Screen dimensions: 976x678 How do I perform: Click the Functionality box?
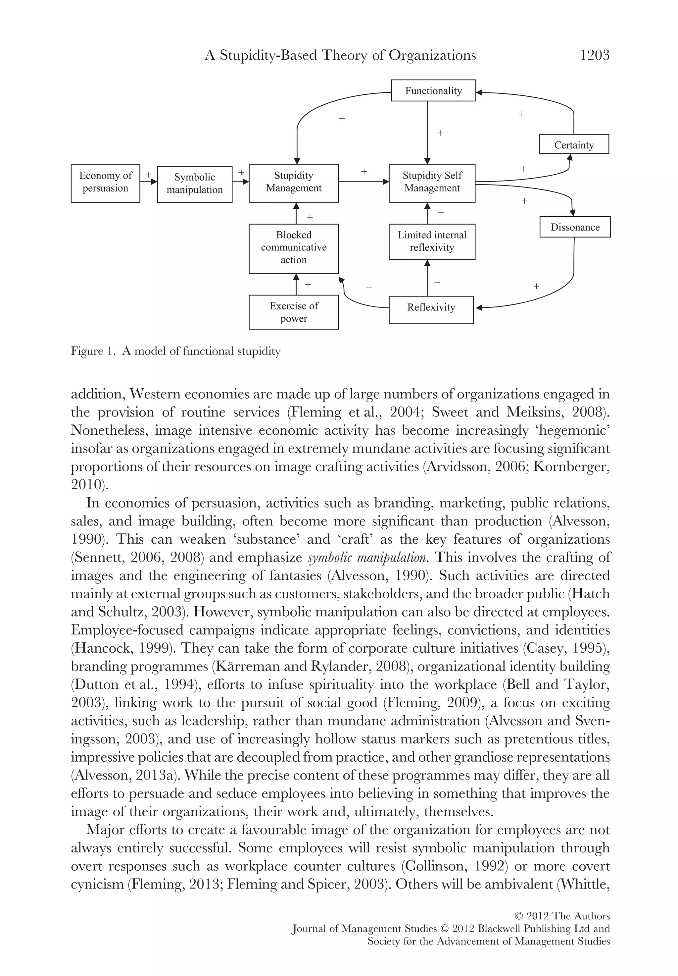tap(433, 90)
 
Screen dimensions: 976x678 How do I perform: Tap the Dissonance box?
tap(575, 227)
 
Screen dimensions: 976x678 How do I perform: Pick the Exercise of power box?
tap(294, 312)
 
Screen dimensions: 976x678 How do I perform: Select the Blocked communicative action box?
tap(294, 248)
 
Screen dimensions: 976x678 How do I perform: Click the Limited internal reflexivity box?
tap(432, 242)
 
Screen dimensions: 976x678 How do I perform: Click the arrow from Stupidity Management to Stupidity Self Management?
tap(363, 182)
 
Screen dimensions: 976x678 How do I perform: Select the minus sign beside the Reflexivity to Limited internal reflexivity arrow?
tap(437, 283)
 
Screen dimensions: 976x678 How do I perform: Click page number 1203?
tap(594, 55)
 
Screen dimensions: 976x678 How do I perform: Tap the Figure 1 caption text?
tap(175, 351)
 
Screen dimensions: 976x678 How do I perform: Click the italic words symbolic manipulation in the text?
tap(366, 558)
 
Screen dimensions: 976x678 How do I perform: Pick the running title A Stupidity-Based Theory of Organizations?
tap(340, 55)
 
